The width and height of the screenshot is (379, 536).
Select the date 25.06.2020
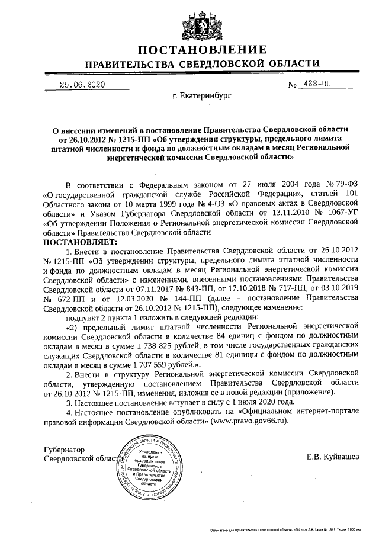(x=82, y=84)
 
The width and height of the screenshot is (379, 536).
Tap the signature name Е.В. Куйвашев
(x=332, y=457)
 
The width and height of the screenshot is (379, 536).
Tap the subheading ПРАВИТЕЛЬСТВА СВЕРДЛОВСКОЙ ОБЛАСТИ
(x=203, y=63)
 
